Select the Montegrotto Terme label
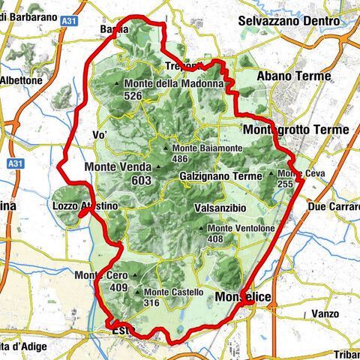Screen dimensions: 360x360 (x=296, y=130)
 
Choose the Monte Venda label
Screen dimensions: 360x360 (x=119, y=166)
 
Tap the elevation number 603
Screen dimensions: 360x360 (x=140, y=180)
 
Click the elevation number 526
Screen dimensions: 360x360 (x=134, y=95)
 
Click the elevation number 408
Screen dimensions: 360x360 (x=216, y=239)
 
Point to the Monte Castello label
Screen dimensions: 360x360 (x=173, y=292)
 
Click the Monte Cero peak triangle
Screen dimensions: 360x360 (x=136, y=275)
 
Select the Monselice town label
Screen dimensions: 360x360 (x=242, y=298)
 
